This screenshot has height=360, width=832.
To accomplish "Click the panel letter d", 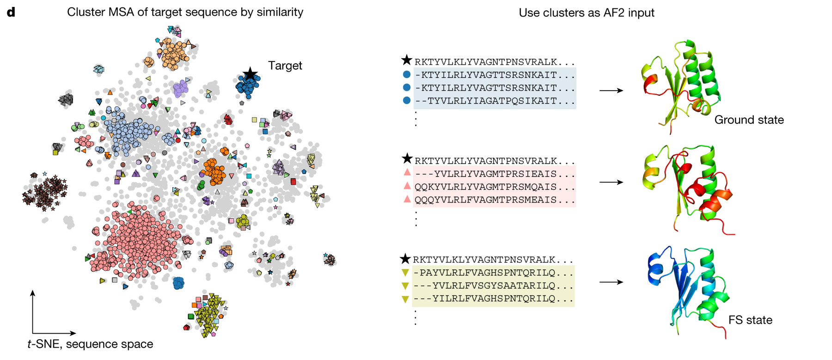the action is (11, 12).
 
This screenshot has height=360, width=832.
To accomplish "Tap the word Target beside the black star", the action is (285, 66).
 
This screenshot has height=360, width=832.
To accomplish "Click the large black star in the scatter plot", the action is (250, 73).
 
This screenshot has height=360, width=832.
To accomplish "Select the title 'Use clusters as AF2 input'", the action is (586, 13).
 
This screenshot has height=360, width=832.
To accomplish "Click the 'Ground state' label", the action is (749, 120).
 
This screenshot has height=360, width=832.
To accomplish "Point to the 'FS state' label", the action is (750, 320).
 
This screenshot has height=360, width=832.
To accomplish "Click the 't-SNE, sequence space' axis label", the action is (90, 344).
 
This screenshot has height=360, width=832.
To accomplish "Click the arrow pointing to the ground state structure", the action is (611, 91).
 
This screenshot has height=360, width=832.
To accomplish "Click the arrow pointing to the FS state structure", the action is (611, 282).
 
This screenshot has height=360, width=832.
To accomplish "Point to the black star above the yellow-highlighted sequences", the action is (405, 259).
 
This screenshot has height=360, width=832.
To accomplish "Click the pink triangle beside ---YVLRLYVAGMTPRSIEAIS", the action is (407, 172).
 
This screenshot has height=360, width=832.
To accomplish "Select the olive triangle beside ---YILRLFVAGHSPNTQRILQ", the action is (405, 299).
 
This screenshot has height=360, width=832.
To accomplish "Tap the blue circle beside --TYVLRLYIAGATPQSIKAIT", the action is (407, 100).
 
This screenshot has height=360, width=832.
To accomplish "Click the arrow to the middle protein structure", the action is (611, 183).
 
